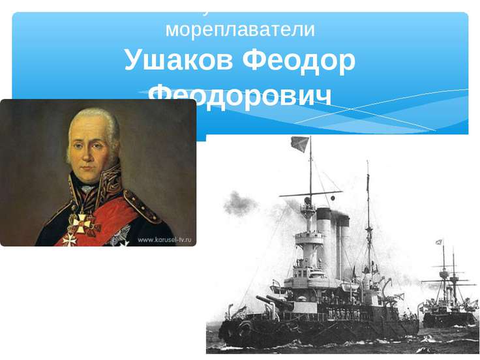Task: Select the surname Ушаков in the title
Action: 178,61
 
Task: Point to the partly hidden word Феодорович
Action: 240,97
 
